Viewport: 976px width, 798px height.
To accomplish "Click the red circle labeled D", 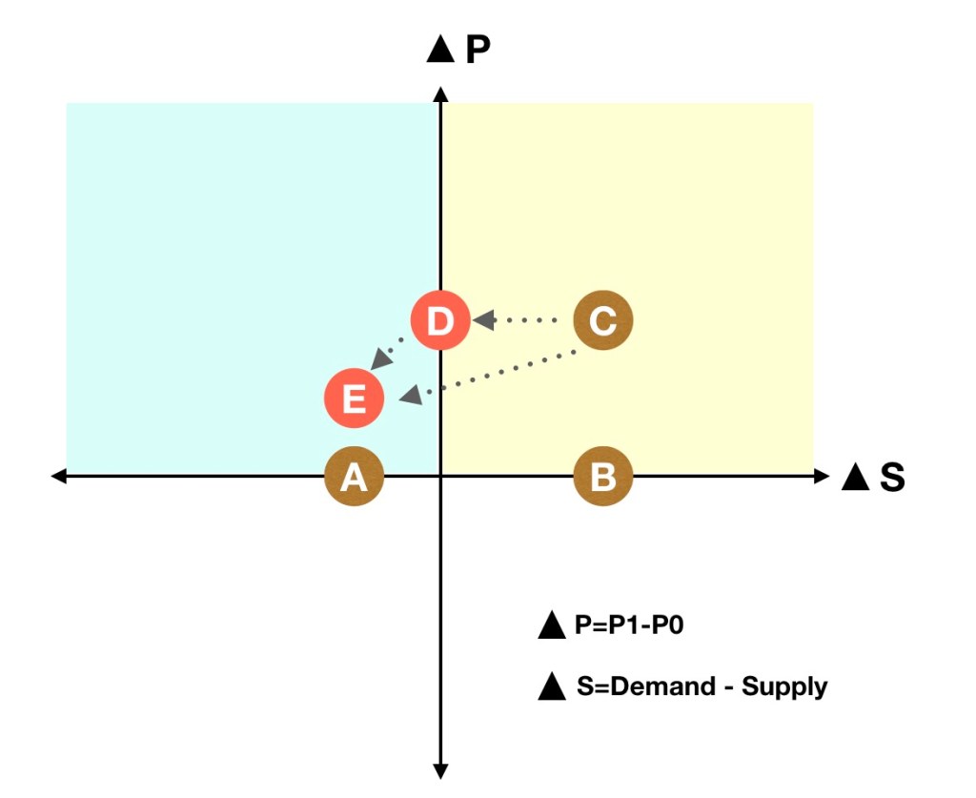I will [439, 320].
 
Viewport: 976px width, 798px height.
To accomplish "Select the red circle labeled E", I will [354, 398].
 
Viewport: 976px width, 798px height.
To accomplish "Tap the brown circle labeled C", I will [602, 320].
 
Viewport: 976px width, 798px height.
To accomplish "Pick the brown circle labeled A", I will [354, 476].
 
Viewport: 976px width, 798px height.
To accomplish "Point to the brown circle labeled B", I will [602, 476].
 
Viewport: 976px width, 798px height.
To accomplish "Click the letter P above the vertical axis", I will [478, 50].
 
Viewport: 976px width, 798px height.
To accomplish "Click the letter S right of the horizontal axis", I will [892, 477].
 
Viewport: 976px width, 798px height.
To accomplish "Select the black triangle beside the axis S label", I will [855, 477].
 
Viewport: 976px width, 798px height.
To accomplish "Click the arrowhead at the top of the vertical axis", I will [439, 92].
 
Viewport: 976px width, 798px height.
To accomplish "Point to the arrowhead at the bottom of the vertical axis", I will [440, 770].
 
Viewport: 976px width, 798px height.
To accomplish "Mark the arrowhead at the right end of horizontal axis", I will [823, 476].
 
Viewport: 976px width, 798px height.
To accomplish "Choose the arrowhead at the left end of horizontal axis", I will [59, 476].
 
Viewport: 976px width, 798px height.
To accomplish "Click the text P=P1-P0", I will [629, 625].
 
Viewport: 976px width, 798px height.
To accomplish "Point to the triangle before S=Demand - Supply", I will [552, 686].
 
